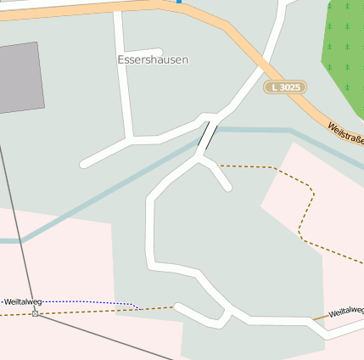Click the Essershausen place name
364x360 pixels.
point(153,60)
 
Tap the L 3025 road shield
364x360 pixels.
point(284,87)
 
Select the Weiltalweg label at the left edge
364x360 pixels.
point(23,301)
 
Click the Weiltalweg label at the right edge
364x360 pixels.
point(346,312)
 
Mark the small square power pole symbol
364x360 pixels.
point(35,314)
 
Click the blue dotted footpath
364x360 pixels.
point(93,301)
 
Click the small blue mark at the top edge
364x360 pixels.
point(179,2)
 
